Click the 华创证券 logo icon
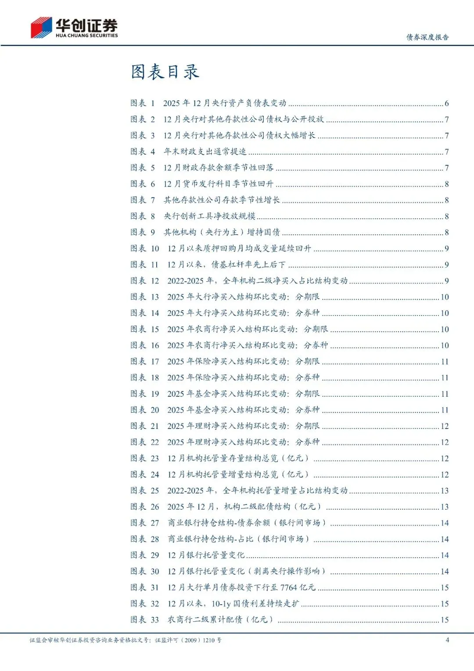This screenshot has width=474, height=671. coord(41,28)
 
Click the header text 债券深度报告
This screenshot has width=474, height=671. coord(427,37)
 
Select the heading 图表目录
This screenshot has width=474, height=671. coord(165,72)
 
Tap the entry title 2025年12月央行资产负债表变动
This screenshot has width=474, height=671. coord(224,103)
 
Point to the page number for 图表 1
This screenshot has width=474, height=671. coord(446,104)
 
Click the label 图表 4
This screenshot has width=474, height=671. coord(143,152)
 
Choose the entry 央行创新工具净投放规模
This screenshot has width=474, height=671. coord(209,216)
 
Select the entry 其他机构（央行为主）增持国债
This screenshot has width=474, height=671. coord(222,232)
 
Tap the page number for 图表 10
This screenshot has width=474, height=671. coord(446,249)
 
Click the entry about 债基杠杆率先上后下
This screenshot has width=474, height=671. coord(226,265)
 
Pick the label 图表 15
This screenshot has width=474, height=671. coord(144,329)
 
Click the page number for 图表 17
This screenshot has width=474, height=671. coord(445,362)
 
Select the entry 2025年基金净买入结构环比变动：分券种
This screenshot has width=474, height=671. coord(243,410)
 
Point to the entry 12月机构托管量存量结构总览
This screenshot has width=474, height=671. coord(238,458)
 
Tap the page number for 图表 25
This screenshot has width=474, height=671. coord(445,491)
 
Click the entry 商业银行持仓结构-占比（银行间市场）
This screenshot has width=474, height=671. coord(238,539)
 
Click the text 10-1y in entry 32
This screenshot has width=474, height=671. coord(221,604)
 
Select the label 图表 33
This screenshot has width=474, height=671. coord(144,620)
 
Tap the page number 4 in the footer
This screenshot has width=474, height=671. coord(447,640)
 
